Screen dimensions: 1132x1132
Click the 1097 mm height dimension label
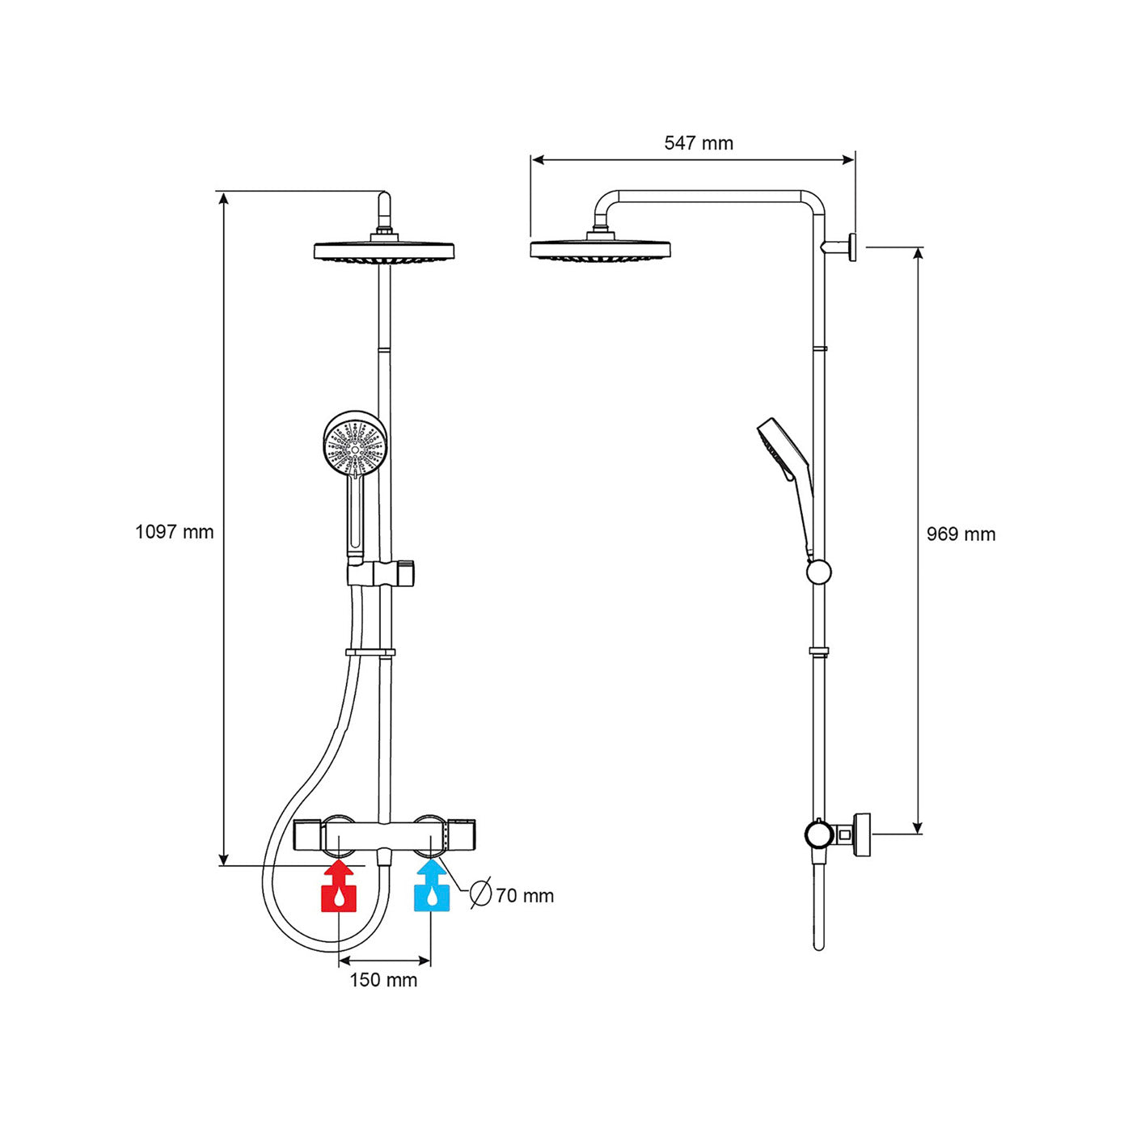pos(174,532)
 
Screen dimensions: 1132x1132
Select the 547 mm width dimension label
pos(699,143)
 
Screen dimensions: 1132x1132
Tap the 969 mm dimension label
pos(961,534)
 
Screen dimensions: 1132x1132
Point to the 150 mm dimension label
pos(383,980)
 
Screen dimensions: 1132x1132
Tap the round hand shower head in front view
pos(354,443)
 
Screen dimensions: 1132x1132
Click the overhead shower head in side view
pos(600,249)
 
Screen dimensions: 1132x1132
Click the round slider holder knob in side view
pos(818,572)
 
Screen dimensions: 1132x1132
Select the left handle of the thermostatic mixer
pos(310,835)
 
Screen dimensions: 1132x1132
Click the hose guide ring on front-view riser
pos(370,653)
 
